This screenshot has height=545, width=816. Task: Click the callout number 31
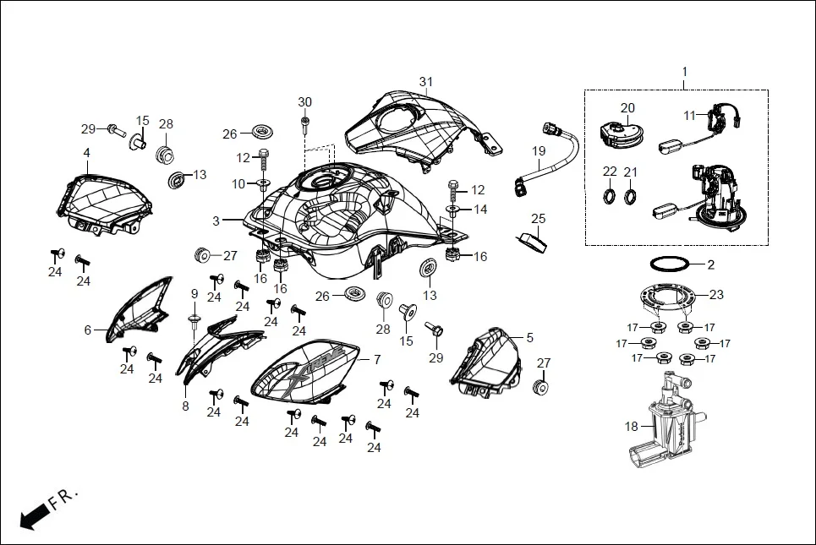[425, 81]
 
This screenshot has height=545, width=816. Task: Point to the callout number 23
[716, 295]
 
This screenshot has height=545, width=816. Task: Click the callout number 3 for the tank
[216, 221]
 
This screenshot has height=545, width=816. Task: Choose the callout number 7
[377, 359]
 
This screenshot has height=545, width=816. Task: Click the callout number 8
[185, 406]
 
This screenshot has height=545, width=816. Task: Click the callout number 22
[610, 172]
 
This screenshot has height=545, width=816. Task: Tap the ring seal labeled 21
[630, 198]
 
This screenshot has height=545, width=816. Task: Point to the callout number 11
[689, 114]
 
